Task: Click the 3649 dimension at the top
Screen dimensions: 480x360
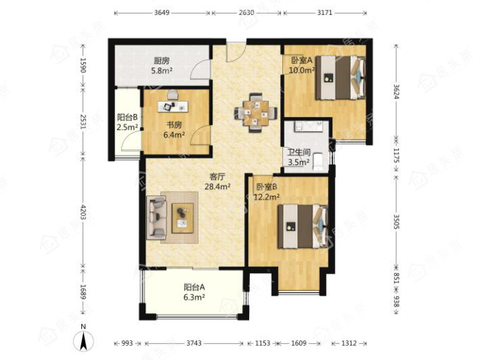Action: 162,13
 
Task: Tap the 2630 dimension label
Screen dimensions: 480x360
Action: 246,13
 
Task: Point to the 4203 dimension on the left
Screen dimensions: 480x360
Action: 83,212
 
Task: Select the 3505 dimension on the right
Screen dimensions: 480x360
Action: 397,222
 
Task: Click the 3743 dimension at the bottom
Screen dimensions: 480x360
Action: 194,343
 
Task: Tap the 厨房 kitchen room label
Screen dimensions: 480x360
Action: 162,61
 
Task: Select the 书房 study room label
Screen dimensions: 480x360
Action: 174,125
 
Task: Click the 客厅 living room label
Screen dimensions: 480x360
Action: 217,176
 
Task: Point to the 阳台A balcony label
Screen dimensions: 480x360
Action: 194,287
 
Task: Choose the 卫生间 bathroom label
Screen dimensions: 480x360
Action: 299,152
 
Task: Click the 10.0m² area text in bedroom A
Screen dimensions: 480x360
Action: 302,71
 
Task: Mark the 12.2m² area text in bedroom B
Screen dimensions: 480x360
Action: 267,196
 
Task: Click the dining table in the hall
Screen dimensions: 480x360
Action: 256,112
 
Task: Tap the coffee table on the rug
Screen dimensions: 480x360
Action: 183,218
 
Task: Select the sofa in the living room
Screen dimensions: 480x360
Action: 157,217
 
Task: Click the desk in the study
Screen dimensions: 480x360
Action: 173,107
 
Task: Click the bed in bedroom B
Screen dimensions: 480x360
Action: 303,226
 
